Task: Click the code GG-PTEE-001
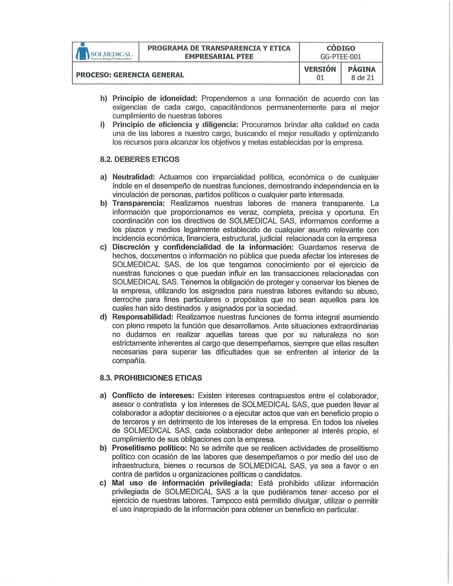341,57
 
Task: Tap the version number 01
320,78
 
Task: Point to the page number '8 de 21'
362,78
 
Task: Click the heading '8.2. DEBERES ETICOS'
139,159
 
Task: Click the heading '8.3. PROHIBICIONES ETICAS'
151,378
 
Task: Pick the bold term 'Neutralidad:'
134,177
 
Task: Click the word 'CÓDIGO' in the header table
341,48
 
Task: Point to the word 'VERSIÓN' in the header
320,69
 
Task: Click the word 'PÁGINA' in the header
362,69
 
